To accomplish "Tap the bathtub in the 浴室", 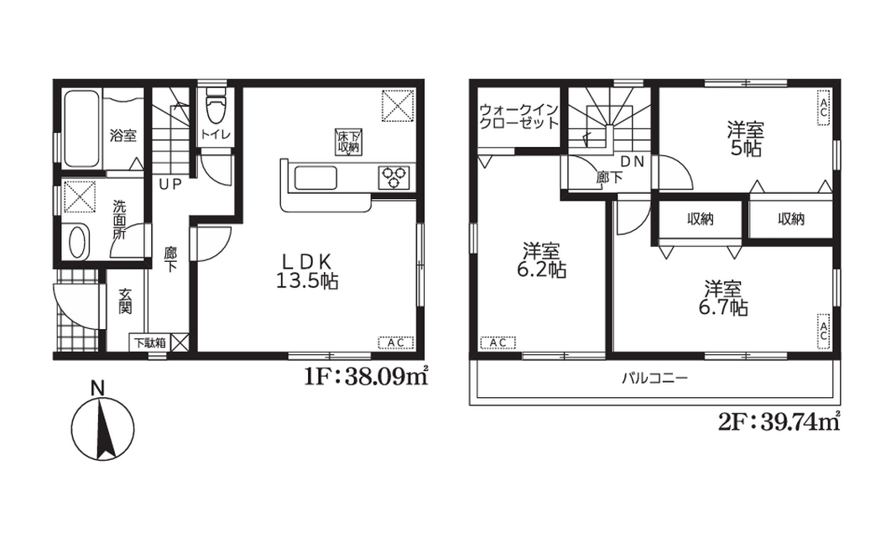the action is (x=81, y=128).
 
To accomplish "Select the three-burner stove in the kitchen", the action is (x=394, y=175).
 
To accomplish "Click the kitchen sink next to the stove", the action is (x=314, y=178).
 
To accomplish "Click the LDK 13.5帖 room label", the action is (x=307, y=270).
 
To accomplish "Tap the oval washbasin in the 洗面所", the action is (x=77, y=241).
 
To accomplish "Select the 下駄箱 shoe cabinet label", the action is (x=149, y=342).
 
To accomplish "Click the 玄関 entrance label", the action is (x=125, y=301).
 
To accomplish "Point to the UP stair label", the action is (x=170, y=185).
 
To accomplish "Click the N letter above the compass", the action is (x=98, y=389).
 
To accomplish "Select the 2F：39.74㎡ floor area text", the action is (x=779, y=421).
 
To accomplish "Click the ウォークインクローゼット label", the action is (x=519, y=116).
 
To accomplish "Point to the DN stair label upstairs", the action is (x=633, y=161).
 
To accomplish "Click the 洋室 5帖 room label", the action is (x=745, y=139).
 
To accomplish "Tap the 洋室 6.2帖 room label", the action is (x=541, y=259).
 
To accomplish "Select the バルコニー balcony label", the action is (x=655, y=378).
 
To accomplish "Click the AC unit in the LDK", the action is (x=396, y=342).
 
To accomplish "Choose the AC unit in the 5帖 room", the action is (x=823, y=107).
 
